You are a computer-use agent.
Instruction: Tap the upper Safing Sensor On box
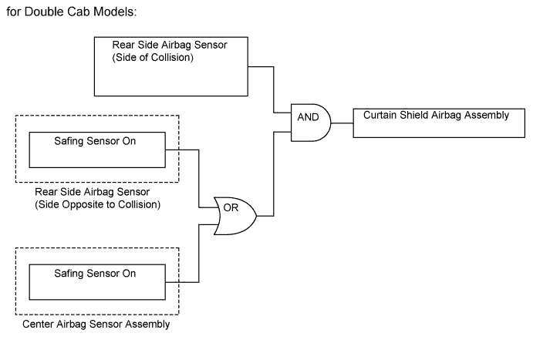[x=97, y=150]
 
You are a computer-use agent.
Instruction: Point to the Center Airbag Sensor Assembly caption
[x=97, y=325]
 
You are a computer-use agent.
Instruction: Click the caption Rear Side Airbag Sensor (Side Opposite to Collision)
[x=96, y=197]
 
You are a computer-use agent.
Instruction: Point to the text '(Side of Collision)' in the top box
[x=152, y=56]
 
